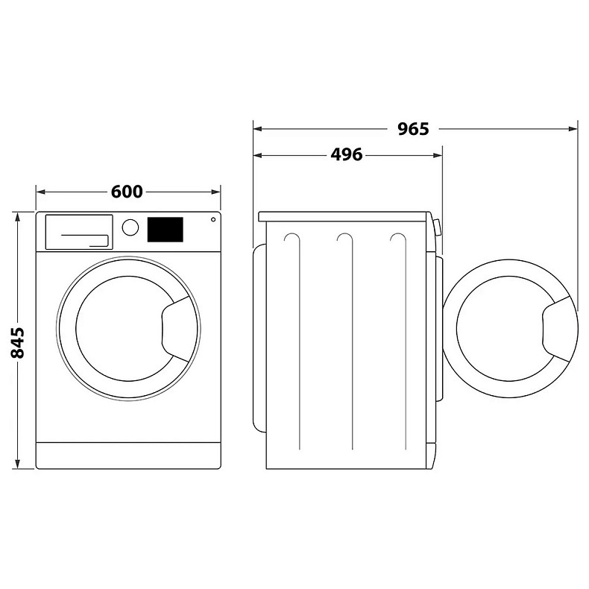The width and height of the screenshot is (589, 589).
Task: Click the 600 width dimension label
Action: (x=127, y=192)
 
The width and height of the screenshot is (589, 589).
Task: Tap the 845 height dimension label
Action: (x=17, y=342)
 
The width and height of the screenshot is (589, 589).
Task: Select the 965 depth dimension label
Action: (x=413, y=129)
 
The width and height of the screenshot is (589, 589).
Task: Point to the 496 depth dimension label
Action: (x=347, y=154)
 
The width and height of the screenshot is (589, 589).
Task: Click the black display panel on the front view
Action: (x=166, y=230)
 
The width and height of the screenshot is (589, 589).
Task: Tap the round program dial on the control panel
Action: (x=130, y=227)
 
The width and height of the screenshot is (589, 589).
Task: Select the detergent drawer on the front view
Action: (x=79, y=232)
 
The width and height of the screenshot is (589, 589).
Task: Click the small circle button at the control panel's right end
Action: (x=213, y=219)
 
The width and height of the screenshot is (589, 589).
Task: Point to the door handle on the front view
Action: (x=176, y=329)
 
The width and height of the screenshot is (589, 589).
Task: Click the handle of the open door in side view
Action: (x=558, y=329)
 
